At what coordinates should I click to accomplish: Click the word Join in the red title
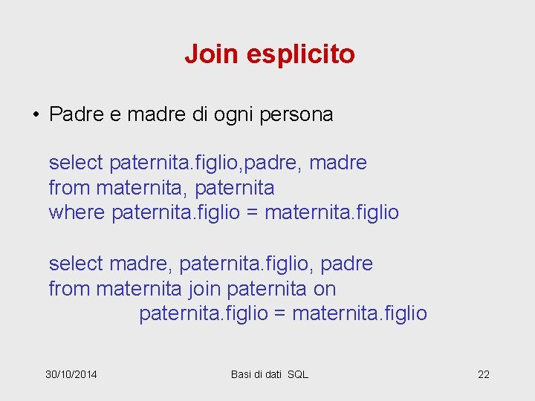coord(210,54)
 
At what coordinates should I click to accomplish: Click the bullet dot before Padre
coord(35,115)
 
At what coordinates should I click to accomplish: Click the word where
coord(77,213)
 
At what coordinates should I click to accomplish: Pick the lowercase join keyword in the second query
coord(204,289)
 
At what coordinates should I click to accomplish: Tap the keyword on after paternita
coord(325,289)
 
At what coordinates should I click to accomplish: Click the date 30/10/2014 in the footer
coord(71,374)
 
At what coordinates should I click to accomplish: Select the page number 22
coord(484,374)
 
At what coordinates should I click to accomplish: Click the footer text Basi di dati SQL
coord(270,374)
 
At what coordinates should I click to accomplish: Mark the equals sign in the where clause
coord(252,213)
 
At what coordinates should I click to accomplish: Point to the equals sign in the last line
coord(280,314)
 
